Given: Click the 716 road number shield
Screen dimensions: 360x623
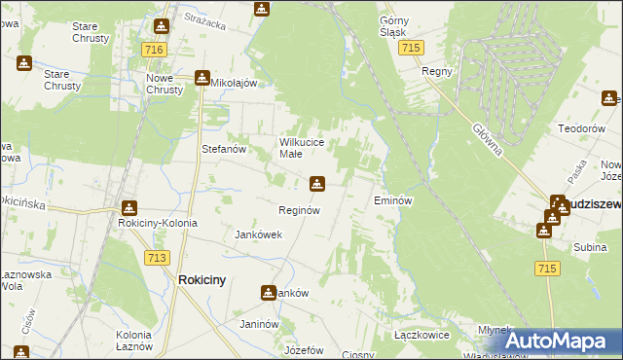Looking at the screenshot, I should (152, 49).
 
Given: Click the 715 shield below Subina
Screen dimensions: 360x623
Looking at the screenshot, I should (546, 268).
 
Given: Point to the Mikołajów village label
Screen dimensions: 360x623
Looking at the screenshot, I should (234, 84).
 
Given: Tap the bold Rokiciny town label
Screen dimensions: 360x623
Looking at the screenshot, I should (202, 280).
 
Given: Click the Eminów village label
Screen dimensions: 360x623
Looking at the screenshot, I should (394, 200).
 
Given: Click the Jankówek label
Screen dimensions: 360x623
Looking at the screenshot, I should (259, 234).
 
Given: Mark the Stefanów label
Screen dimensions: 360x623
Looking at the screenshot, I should (222, 150).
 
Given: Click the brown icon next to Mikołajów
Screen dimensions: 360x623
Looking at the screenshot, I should (202, 78).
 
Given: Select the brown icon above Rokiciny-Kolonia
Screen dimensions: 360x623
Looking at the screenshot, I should (128, 207).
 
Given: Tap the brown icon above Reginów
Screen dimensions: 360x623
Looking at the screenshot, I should (317, 183).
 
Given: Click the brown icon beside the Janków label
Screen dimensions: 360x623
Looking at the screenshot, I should (268, 292).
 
